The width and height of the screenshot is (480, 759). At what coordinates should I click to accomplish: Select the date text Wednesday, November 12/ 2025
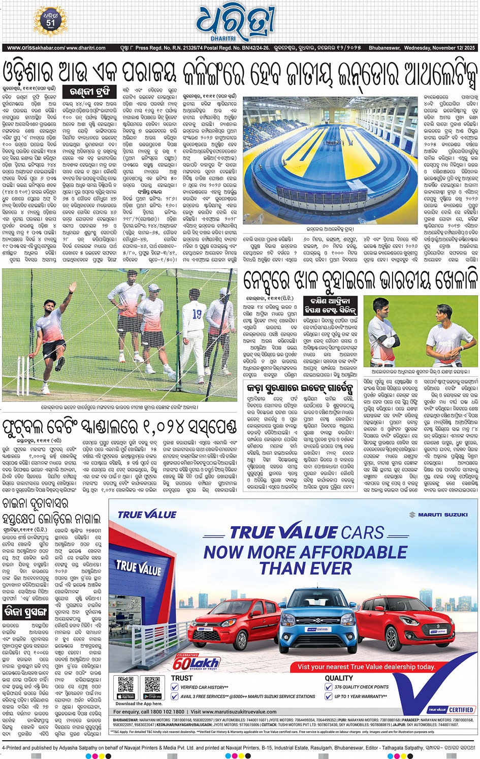[x=439, y=48]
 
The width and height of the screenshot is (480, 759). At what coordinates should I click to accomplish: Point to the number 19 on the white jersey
[x=197, y=315]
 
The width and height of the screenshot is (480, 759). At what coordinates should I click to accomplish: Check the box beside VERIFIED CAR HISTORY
[x=175, y=687]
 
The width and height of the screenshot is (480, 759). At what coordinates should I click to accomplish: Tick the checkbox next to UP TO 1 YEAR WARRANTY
[x=329, y=697]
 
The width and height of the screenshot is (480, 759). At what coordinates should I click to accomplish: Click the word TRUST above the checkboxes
[x=182, y=678]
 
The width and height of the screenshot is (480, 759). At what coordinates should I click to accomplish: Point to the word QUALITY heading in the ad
[x=339, y=678]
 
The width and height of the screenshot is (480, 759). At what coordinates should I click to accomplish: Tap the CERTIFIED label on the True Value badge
[x=461, y=710]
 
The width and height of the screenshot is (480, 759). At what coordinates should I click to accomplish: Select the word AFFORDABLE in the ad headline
[x=350, y=552]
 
